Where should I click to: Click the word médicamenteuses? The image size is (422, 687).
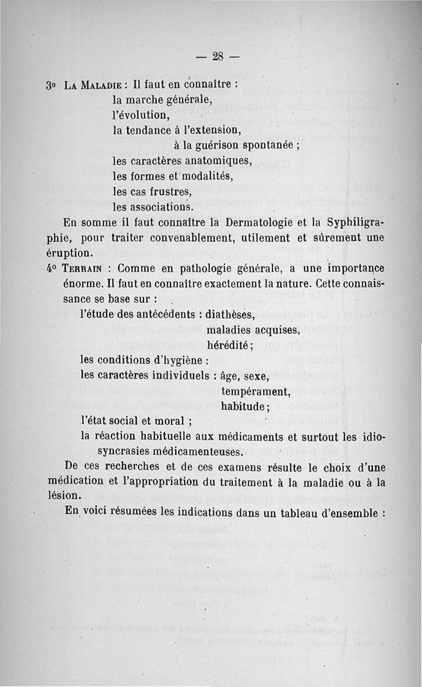click(x=201, y=452)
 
